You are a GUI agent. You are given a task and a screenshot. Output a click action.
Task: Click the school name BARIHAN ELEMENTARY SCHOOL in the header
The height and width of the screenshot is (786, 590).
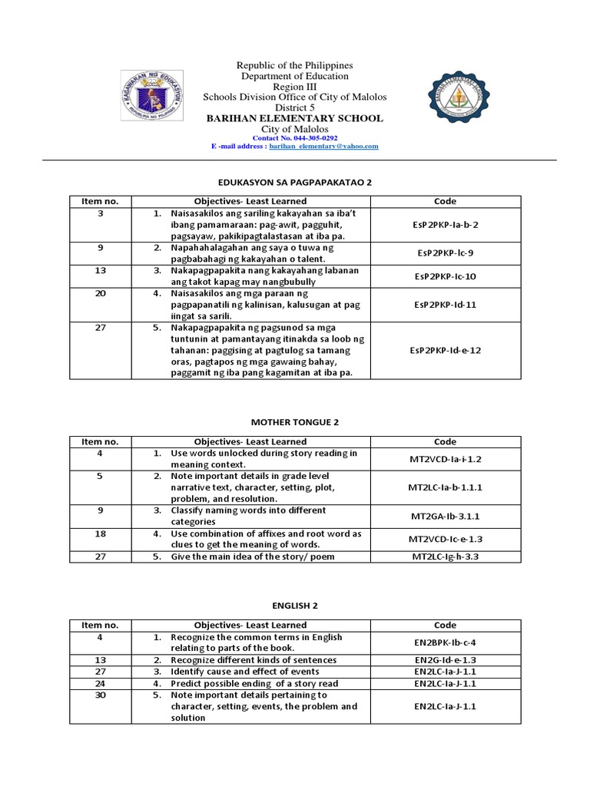point(295,119)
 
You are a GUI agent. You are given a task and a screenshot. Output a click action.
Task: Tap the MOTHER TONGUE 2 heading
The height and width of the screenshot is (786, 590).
point(295,421)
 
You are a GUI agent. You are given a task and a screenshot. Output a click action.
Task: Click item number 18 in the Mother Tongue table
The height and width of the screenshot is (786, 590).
point(100,533)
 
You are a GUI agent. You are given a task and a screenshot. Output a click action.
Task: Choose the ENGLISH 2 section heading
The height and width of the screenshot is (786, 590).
point(295,605)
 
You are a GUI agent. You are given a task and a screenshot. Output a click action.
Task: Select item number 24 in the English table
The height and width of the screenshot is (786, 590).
point(100,683)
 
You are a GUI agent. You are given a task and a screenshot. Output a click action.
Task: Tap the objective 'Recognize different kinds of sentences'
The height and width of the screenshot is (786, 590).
point(254,660)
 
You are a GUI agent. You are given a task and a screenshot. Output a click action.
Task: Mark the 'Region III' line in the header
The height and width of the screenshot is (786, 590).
point(295,87)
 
